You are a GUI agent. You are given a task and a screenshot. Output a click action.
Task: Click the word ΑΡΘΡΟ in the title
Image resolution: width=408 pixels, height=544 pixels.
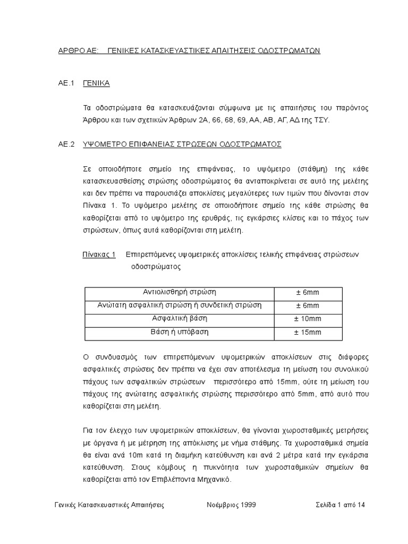pyautogui.click(x=71, y=50)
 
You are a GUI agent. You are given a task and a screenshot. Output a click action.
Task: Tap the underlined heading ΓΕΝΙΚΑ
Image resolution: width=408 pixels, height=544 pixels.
pyautogui.click(x=96, y=83)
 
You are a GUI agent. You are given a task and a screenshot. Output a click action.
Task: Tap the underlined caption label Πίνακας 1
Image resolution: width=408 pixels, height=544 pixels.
pyautogui.click(x=99, y=254)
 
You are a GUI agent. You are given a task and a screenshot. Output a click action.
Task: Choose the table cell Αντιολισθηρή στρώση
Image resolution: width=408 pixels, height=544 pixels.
pyautogui.click(x=180, y=293)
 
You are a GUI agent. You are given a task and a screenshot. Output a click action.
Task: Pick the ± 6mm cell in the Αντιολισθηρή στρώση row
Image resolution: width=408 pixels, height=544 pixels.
pyautogui.click(x=308, y=293)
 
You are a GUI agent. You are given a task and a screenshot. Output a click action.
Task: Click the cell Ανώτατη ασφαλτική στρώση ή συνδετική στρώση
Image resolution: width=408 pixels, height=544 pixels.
pyautogui.click(x=180, y=305)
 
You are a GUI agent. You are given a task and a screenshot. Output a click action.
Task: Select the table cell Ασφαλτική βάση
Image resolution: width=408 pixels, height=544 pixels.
pyautogui.click(x=180, y=319)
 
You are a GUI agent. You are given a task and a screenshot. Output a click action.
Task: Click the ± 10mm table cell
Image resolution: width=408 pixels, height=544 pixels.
pyautogui.click(x=308, y=319)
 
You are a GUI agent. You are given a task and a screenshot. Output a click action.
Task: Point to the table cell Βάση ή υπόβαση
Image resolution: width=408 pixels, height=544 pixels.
pyautogui.click(x=180, y=332)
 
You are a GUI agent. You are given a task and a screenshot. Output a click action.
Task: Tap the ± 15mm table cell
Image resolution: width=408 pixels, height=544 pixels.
pyautogui.click(x=308, y=333)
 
